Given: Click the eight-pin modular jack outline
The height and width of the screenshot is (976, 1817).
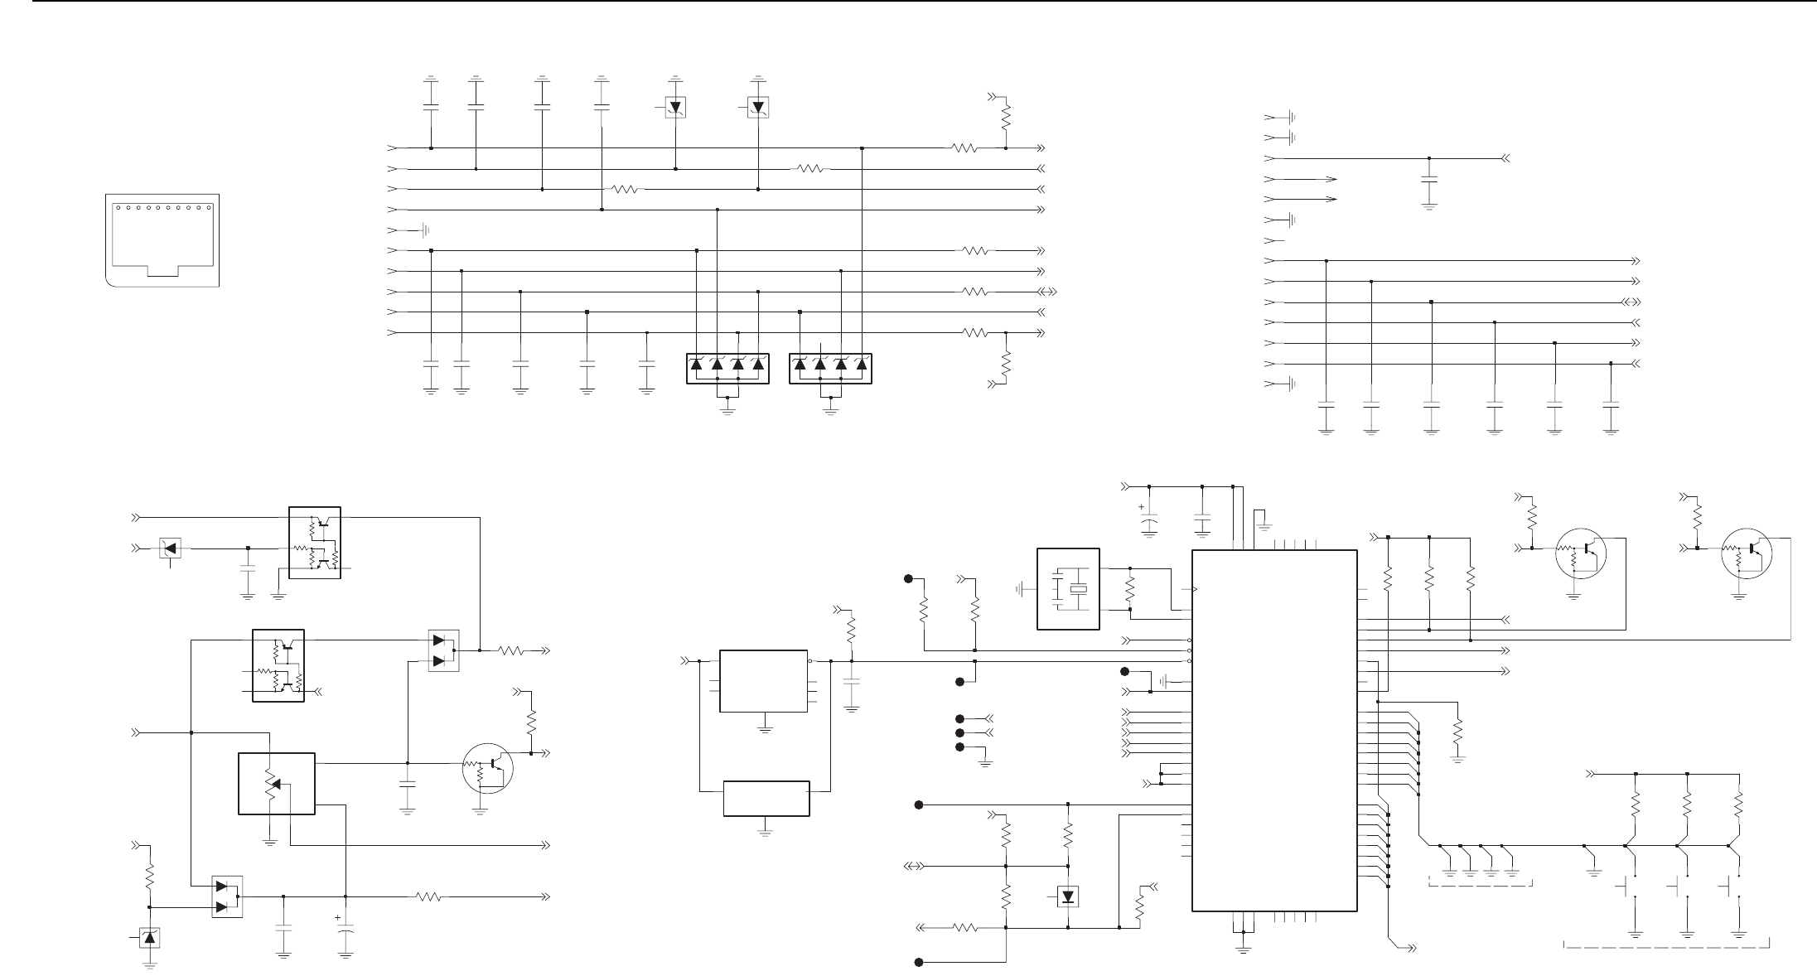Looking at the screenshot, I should pyautogui.click(x=163, y=240).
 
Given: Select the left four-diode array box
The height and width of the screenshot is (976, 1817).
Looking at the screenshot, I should pyautogui.click(x=727, y=368).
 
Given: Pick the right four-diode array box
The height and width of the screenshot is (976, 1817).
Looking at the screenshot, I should pyautogui.click(x=831, y=368).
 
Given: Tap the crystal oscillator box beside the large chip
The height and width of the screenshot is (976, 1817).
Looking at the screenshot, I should pyautogui.click(x=1068, y=588).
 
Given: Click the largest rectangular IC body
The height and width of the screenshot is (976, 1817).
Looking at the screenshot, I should pyautogui.click(x=1274, y=730).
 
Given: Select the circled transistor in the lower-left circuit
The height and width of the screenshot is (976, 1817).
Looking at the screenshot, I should pyautogui.click(x=488, y=769).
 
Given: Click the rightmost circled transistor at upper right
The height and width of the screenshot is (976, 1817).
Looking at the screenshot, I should pyautogui.click(x=1746, y=553).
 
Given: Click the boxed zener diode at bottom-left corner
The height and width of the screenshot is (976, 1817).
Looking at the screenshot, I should pyautogui.click(x=149, y=938).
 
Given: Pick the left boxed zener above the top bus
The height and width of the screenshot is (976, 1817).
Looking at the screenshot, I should pyautogui.click(x=675, y=107).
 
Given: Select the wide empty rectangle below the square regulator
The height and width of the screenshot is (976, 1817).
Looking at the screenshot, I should pyautogui.click(x=766, y=798).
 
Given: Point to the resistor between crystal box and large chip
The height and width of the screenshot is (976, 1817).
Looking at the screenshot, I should pyautogui.click(x=1130, y=589).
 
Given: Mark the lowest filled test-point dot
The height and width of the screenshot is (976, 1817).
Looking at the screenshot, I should pyautogui.click(x=918, y=962).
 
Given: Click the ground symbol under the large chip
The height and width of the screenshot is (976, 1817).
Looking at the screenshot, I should pyautogui.click(x=1242, y=949).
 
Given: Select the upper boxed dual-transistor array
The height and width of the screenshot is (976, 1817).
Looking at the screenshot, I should pyautogui.click(x=314, y=542).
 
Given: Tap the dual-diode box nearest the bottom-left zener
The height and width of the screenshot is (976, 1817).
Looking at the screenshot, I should pyautogui.click(x=227, y=897).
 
